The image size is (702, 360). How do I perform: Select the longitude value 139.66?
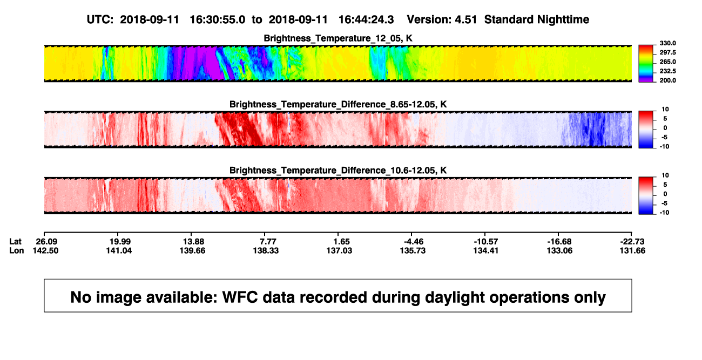[x=192, y=250]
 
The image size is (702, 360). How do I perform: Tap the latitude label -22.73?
[x=632, y=242]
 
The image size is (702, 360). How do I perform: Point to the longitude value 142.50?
[x=45, y=250]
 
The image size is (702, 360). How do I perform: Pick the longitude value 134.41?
[x=486, y=250]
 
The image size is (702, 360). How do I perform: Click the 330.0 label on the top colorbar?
[x=667, y=43]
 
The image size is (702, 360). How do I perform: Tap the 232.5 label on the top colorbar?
[x=667, y=71]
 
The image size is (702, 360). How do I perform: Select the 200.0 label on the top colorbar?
[x=667, y=80]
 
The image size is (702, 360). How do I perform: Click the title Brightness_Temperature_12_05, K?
[x=338, y=38]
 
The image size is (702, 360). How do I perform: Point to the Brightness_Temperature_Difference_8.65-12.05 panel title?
[x=338, y=104]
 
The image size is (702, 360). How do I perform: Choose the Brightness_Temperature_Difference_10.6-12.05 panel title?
[x=338, y=171]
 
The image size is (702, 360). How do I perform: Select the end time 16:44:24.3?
[x=366, y=20]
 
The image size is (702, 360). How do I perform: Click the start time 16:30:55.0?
[x=218, y=20]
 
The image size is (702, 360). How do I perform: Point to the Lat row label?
[x=15, y=242]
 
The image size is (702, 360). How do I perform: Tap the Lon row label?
[x=17, y=250]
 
